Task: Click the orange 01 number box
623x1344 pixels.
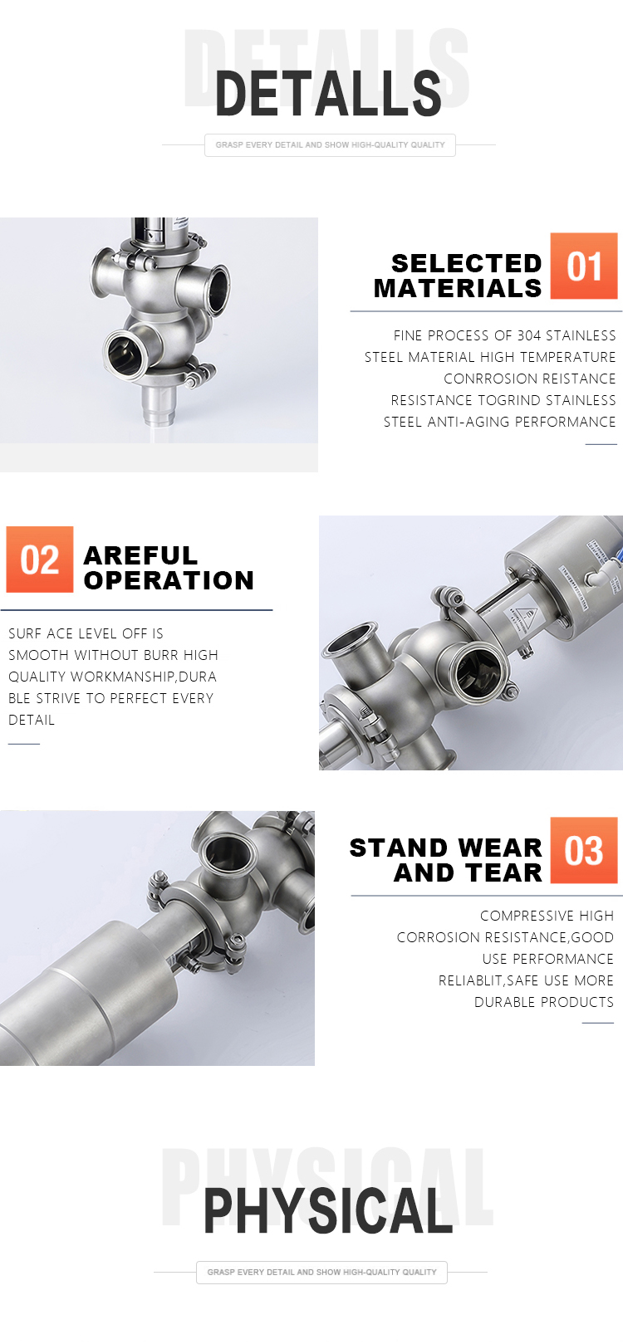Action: coord(583,266)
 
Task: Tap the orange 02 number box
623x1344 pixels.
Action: coord(40,560)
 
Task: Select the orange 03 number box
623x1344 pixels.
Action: coord(583,849)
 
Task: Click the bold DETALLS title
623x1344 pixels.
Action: coord(328,94)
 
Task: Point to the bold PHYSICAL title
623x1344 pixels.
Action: coord(328,1211)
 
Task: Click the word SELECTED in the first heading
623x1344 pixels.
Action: coord(466,263)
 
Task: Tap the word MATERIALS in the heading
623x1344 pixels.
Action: coord(458,289)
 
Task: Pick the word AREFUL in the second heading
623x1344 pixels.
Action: coord(140,555)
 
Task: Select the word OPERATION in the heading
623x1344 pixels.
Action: coord(169,580)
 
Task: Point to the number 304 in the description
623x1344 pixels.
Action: coord(529,335)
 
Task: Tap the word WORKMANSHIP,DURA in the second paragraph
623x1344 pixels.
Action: coord(144,677)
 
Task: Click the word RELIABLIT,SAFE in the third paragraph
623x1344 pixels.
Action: coord(488,980)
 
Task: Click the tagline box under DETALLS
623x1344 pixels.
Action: coord(330,145)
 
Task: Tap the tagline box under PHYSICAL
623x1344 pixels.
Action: coord(321,1272)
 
